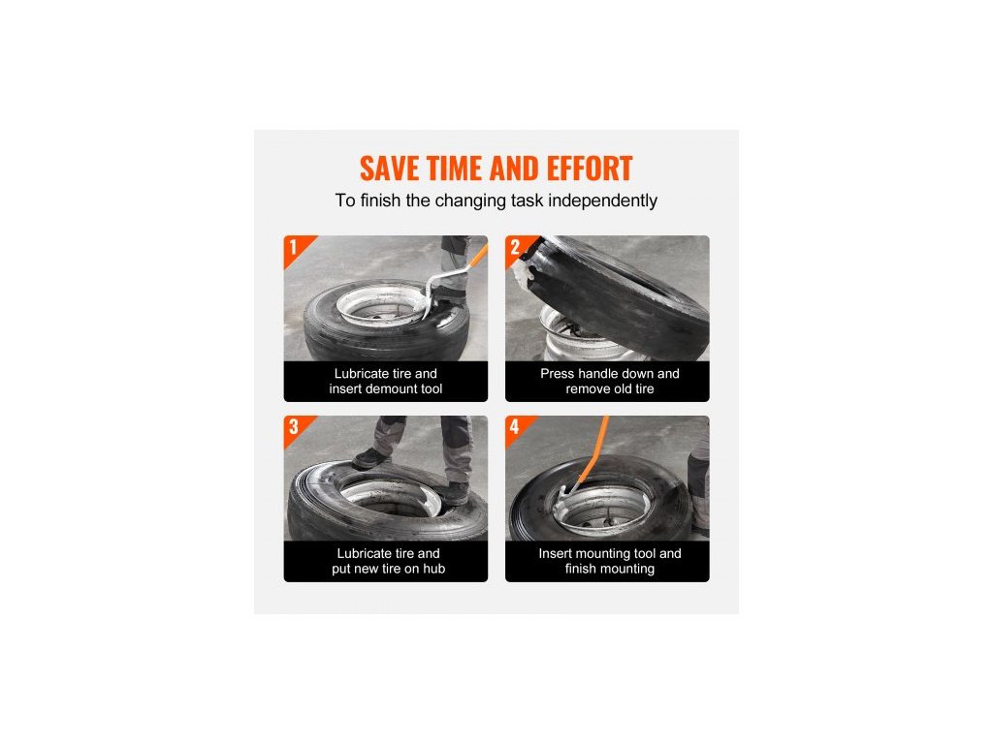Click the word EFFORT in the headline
589,169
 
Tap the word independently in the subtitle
602,201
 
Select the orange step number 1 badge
298,249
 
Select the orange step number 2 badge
519,249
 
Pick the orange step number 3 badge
298,428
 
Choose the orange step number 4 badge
519,428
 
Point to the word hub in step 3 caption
433,569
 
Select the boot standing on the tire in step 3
369,458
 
